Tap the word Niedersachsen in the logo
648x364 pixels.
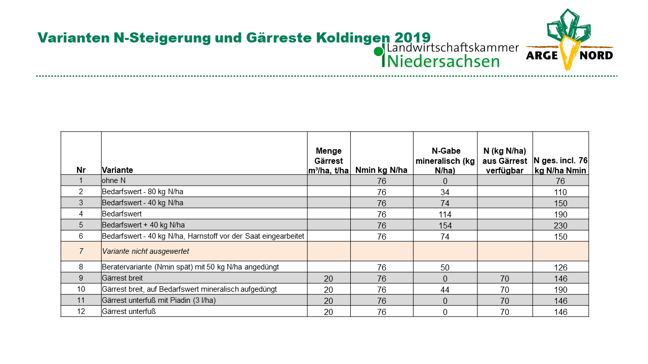pos(443,61)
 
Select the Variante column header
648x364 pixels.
pos(117,170)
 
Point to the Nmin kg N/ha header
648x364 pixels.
pos(381,170)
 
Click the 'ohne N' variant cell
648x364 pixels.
pos(114,180)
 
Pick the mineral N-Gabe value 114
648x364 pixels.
pos(445,214)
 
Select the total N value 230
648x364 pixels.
pos(560,225)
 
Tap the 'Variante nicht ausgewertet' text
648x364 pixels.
pos(145,251)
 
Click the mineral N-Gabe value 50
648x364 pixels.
pos(445,267)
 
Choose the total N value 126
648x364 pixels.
pos(560,267)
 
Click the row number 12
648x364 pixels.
pos(81,311)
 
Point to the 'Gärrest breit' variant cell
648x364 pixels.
pos(122,278)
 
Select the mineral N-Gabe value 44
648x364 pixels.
pos(445,290)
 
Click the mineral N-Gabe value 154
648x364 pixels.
pos(445,225)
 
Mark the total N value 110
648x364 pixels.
pos(560,192)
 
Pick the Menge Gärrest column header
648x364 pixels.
pos(329,161)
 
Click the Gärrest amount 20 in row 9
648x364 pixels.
pos(329,279)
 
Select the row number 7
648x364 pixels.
pos(81,251)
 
